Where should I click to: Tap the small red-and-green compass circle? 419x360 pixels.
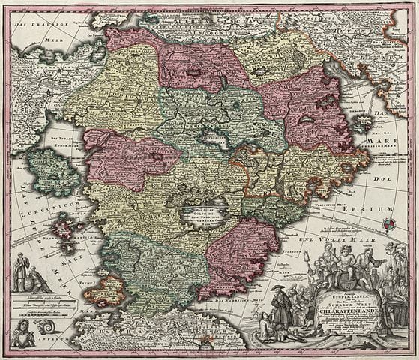pyautogui.click(x=388, y=223)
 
